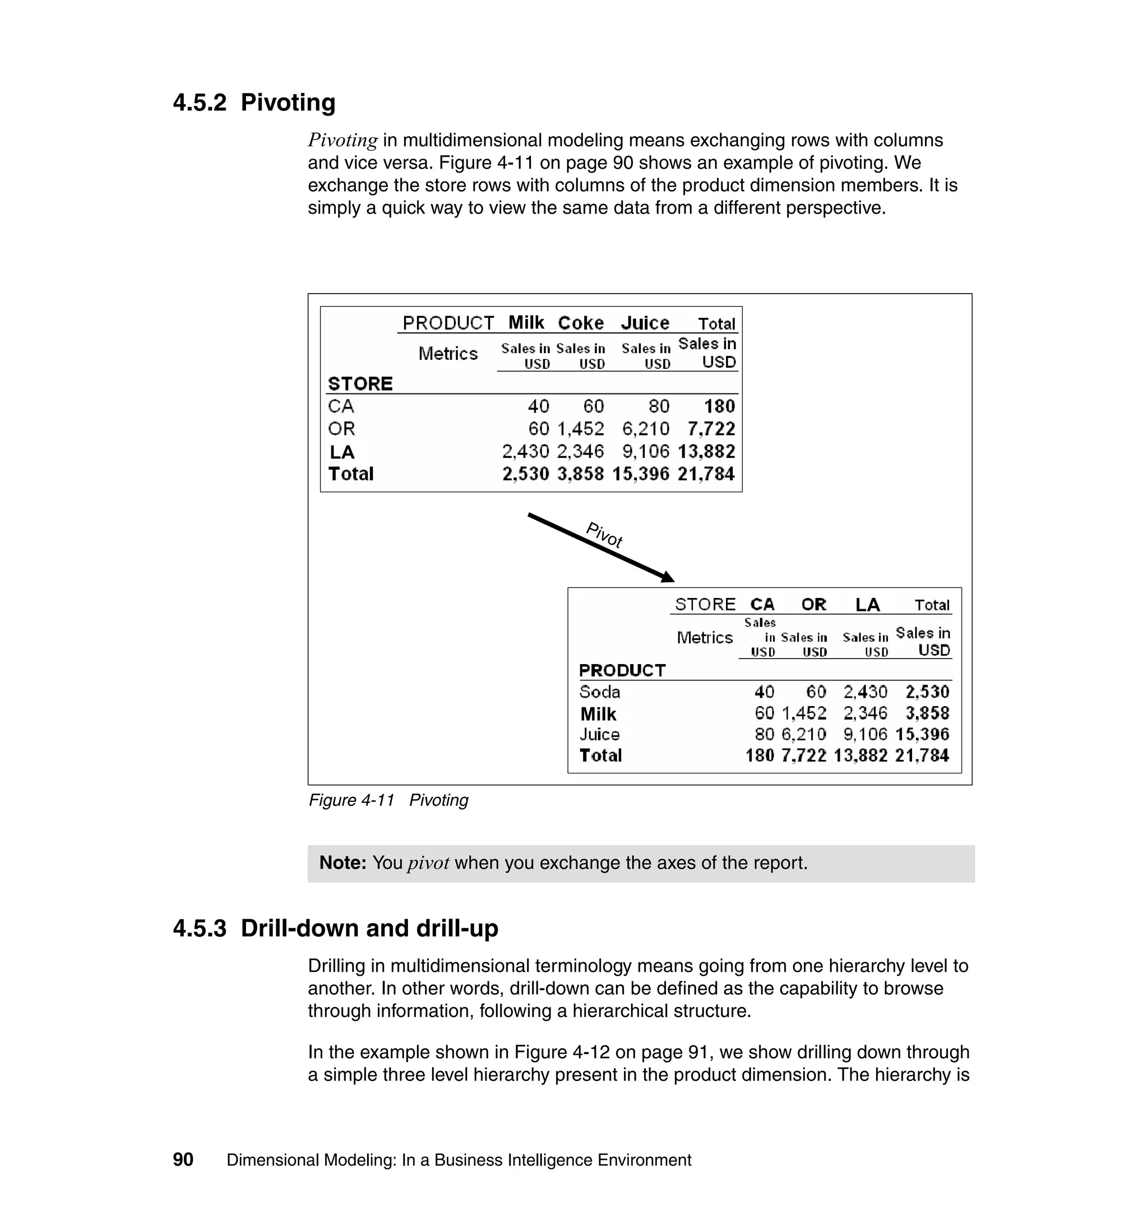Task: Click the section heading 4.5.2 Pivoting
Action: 254,103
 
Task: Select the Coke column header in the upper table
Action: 580,323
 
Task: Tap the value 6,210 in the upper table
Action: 646,429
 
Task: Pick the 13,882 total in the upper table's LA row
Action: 706,452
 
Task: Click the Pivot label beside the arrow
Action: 604,535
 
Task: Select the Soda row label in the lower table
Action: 600,692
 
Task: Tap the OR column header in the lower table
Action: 813,605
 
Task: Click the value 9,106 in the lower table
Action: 865,734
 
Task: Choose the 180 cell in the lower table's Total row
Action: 760,755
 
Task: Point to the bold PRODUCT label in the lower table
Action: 622,670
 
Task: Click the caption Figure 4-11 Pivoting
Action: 388,800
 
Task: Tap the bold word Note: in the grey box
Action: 342,862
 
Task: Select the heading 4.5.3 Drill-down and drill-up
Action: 335,928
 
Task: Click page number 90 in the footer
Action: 183,1160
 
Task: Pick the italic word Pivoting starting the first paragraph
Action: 342,141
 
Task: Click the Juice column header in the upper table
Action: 645,323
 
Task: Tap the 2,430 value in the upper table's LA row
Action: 525,452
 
